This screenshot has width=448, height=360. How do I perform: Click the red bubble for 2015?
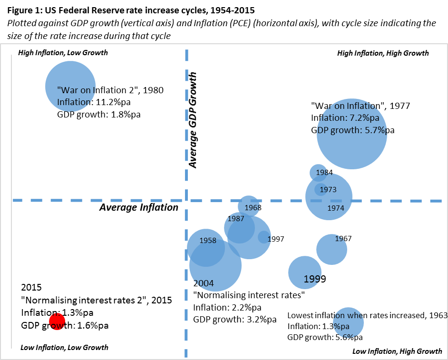[x=57, y=322]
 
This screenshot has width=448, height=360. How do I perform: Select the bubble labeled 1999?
[x=302, y=272]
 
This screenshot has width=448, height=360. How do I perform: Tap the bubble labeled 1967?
[x=331, y=249]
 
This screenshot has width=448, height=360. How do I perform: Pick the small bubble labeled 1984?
[x=318, y=172]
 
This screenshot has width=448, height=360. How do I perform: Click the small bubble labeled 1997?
[x=264, y=237]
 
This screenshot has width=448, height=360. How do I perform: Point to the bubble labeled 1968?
[x=248, y=206]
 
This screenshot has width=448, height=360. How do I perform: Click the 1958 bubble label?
[x=208, y=241]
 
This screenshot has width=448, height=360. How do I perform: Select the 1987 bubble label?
[x=236, y=219]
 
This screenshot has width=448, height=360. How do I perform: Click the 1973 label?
[x=328, y=189]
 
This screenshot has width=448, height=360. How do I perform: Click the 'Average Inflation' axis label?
[x=138, y=207]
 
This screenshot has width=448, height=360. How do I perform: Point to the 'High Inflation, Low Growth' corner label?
[x=63, y=53]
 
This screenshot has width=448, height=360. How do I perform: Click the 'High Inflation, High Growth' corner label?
[x=383, y=53]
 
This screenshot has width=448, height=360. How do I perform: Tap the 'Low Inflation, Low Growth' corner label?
[x=64, y=348]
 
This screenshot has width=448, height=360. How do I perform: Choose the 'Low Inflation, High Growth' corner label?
[x=397, y=351]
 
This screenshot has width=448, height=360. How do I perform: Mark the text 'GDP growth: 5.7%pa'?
[x=349, y=130]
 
